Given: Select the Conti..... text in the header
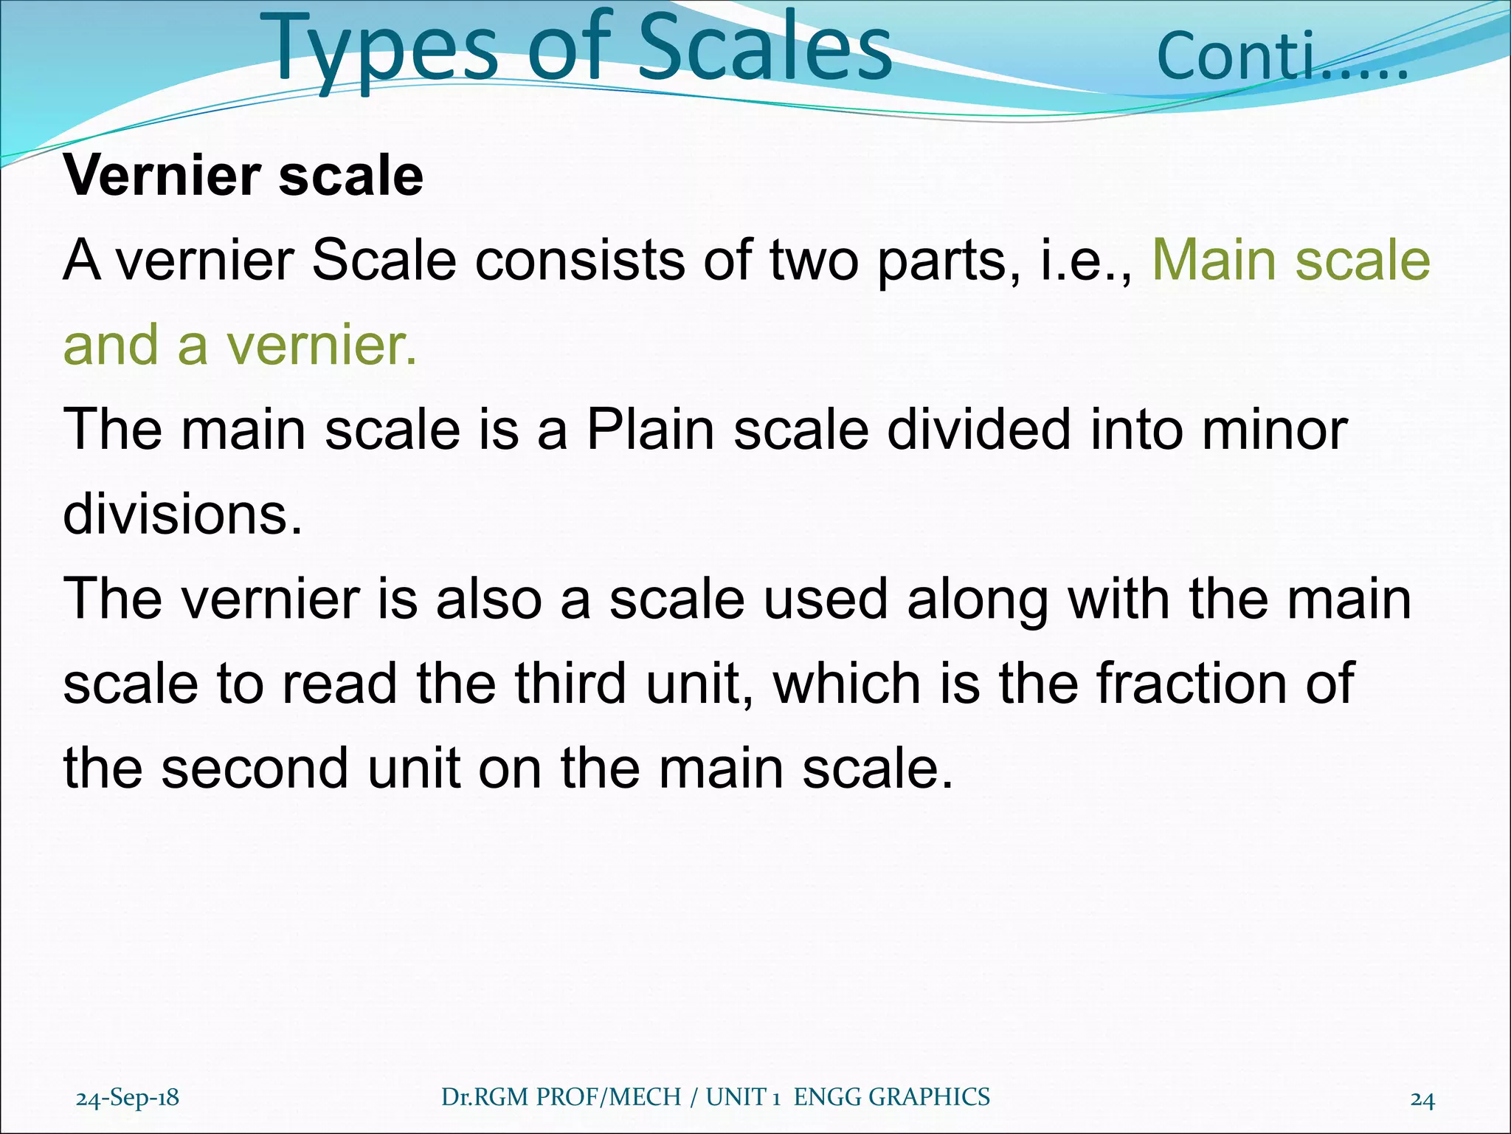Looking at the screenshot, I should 1282,57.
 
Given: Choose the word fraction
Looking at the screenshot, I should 1187,683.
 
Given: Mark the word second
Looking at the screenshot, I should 255,768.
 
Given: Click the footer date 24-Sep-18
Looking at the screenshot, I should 128,1097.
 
